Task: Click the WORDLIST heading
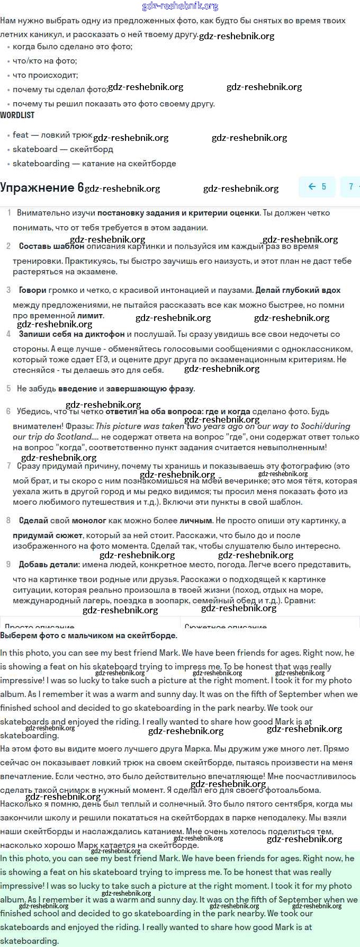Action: [x=17, y=115]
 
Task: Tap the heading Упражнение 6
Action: [x=42, y=187]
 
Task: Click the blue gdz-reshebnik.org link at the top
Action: [x=180, y=6]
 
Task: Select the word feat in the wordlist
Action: [x=21, y=135]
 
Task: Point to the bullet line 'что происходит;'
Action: [x=45, y=75]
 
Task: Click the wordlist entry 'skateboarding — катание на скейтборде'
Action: [x=94, y=164]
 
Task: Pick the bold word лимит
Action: [x=90, y=316]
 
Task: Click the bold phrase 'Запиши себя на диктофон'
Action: [x=71, y=334]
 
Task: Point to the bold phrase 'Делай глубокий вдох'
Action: [x=298, y=290]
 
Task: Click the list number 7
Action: [x=8, y=466]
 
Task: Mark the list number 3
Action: [x=8, y=290]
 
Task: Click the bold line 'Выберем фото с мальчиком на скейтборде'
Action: [x=88, y=636]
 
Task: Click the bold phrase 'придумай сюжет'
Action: [x=48, y=535]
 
